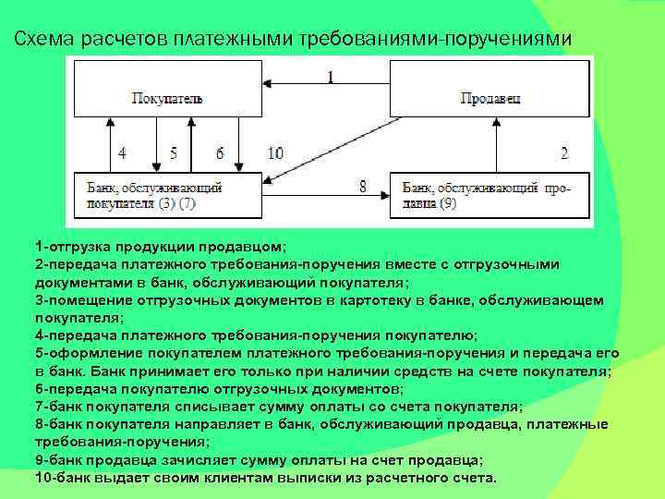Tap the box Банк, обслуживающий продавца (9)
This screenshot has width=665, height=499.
pos(487,195)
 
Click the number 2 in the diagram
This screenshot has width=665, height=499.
pos(563,152)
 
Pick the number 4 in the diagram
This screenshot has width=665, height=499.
pos(122,152)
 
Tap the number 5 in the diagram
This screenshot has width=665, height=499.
pos(173,152)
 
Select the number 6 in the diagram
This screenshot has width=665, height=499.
pos(220,152)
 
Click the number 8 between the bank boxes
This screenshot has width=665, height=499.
pos(363,186)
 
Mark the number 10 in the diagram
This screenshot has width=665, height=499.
pos(275,152)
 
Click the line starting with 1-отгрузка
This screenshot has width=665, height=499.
pos(161,248)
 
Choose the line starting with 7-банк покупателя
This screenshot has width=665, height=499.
pos(278,407)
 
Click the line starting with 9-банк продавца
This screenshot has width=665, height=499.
pos(259,460)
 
